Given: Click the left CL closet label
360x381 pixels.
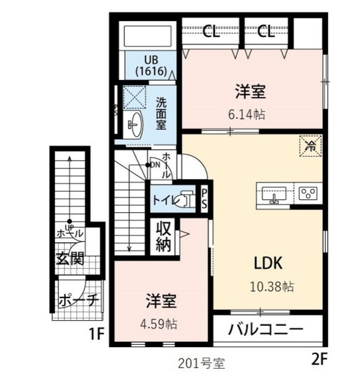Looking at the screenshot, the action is click(x=211, y=31).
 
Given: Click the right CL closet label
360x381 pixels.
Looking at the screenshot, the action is click(x=266, y=31).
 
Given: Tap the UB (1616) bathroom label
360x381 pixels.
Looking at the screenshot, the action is click(x=151, y=66).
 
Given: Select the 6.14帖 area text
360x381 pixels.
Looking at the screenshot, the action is click(x=247, y=114).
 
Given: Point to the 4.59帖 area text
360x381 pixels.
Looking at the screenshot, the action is click(x=159, y=324).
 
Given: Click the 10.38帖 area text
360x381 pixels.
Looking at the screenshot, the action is click(x=272, y=287).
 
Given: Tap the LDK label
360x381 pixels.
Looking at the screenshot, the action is click(x=268, y=263).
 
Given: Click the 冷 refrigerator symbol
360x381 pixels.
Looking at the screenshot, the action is click(x=311, y=146).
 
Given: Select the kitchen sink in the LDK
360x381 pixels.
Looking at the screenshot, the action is click(x=275, y=194).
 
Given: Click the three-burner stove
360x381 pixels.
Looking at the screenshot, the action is click(x=308, y=193).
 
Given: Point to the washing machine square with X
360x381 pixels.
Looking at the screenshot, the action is click(x=135, y=98).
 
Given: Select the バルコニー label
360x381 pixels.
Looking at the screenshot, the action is click(x=266, y=330).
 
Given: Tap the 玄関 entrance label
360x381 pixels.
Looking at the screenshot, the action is click(x=70, y=258).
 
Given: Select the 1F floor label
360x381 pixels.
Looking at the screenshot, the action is click(x=96, y=334).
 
